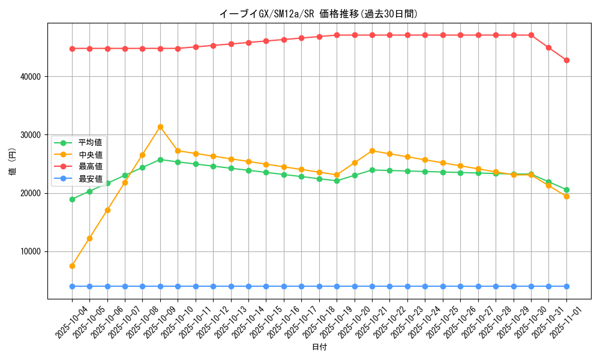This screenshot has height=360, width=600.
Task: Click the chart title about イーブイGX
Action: (x=319, y=14)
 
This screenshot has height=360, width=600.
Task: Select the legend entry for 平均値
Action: (x=90, y=143)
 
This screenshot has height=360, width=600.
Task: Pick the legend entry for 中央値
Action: (x=90, y=155)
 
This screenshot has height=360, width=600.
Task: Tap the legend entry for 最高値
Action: (x=90, y=166)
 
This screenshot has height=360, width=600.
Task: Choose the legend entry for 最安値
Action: (x=90, y=178)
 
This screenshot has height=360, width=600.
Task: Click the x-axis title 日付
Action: (x=319, y=347)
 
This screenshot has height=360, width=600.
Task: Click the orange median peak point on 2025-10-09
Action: (x=160, y=127)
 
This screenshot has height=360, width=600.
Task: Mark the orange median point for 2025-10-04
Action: (x=72, y=266)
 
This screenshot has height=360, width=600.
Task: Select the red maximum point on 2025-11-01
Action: (x=566, y=60)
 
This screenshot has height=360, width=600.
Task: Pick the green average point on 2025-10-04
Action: (x=72, y=199)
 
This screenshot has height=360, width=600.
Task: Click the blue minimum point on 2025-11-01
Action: (x=566, y=286)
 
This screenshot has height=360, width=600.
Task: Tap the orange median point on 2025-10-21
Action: (x=372, y=151)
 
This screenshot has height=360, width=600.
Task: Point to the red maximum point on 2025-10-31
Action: (x=548, y=47)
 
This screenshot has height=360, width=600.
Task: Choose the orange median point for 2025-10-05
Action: (x=89, y=238)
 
